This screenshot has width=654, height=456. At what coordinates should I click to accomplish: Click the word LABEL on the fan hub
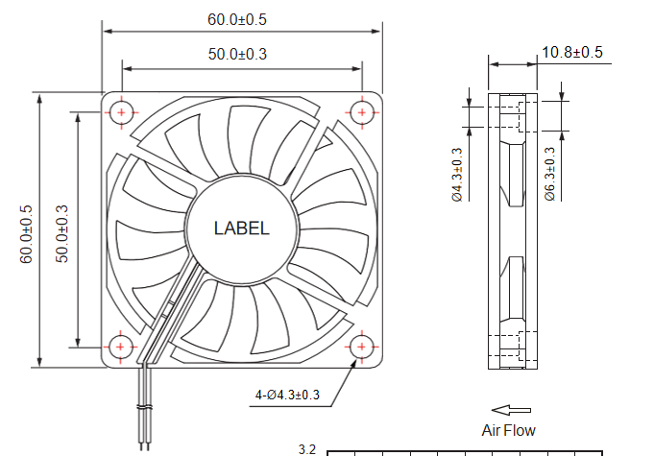(241, 228)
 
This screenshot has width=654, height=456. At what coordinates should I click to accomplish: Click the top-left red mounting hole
(122, 112)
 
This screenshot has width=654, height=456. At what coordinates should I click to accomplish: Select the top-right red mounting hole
(361, 112)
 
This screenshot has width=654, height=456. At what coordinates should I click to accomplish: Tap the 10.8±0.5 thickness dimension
(572, 53)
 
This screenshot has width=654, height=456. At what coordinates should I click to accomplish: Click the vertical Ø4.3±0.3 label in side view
(457, 174)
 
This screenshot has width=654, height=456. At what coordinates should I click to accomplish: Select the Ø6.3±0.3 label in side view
(550, 174)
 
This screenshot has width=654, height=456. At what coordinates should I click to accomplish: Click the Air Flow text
(508, 430)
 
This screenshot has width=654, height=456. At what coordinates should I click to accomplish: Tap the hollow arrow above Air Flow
(506, 410)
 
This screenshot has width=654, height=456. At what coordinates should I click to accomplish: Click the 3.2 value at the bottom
(307, 449)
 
